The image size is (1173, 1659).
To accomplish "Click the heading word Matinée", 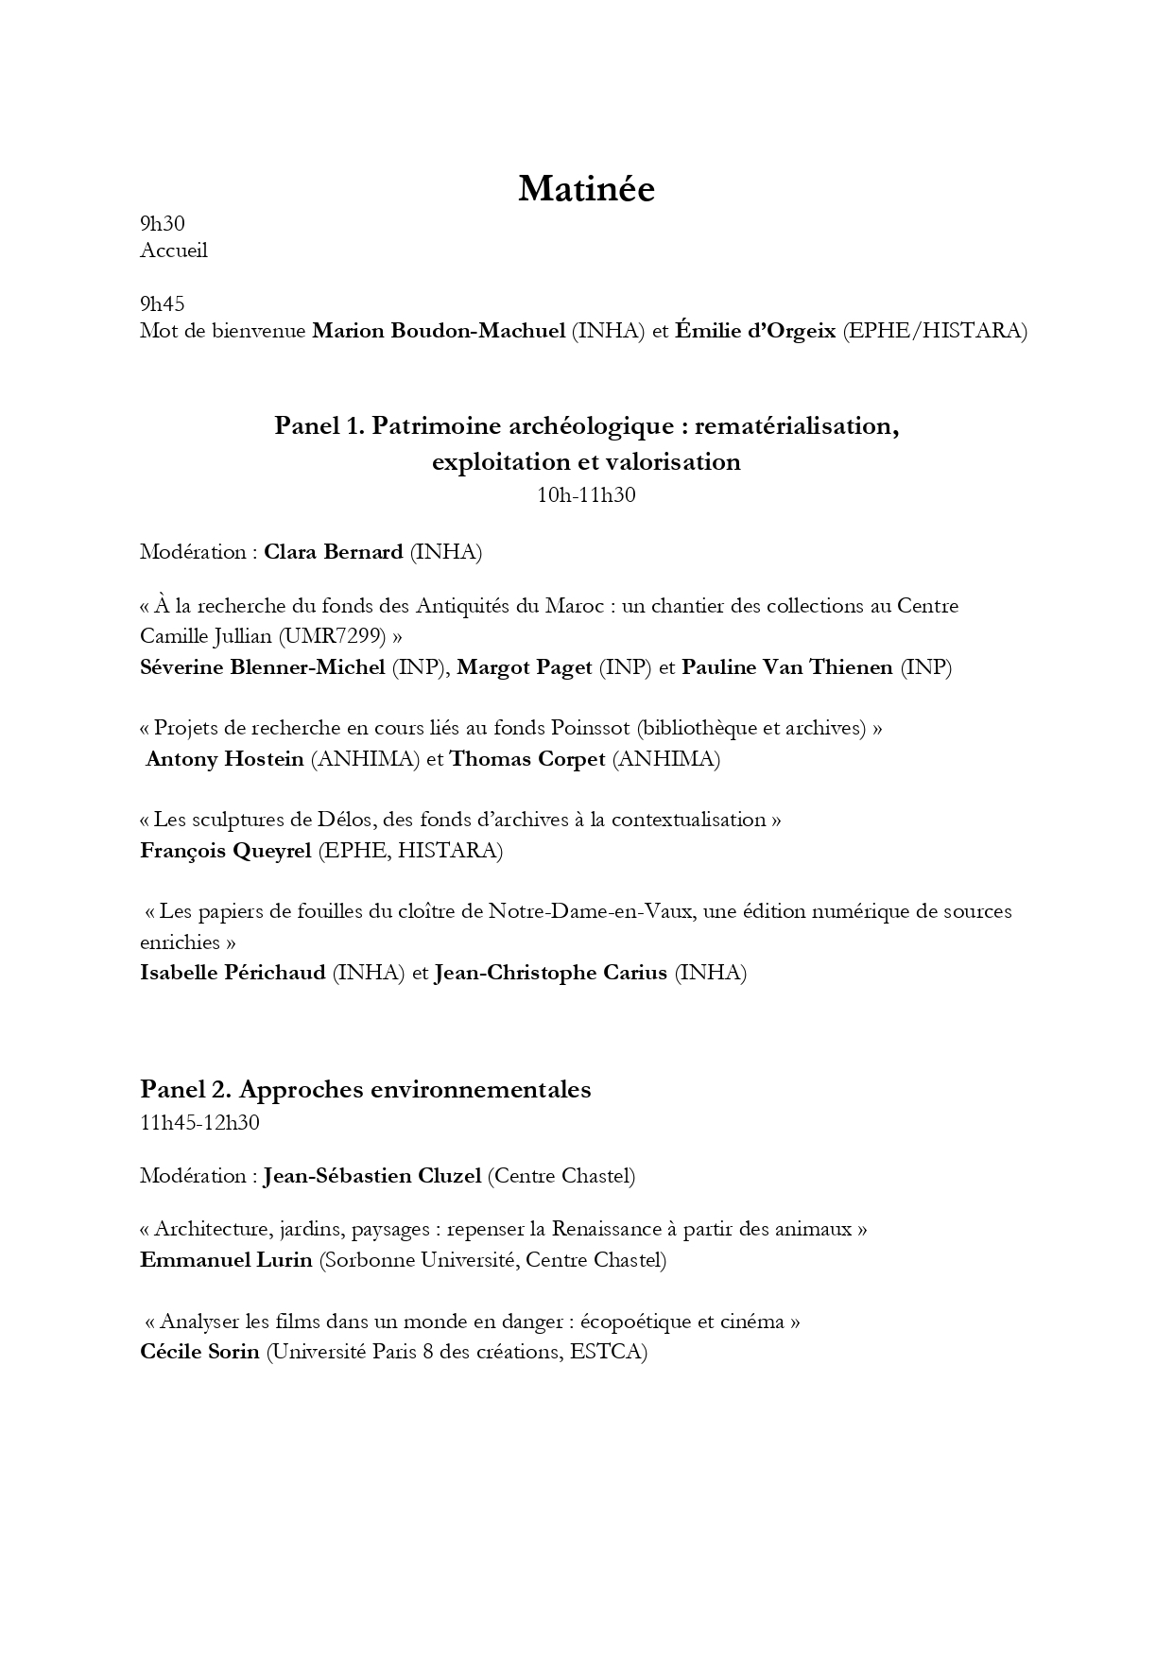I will [x=586, y=189].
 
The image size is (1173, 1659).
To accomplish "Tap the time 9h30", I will [x=163, y=224].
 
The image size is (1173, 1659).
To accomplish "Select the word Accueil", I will [x=174, y=251].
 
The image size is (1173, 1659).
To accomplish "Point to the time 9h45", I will [x=163, y=303].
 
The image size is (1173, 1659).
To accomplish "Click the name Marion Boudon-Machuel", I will [x=439, y=331].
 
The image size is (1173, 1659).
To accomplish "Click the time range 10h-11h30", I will [x=586, y=494].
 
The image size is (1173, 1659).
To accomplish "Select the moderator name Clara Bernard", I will [x=334, y=552].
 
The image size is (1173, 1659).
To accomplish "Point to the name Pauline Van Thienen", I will [x=787, y=667].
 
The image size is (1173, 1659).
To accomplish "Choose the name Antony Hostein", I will [x=225, y=759].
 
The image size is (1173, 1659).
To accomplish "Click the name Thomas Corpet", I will [x=527, y=759].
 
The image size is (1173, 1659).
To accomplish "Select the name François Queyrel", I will [x=226, y=851].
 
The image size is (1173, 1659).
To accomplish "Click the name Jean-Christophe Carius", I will [x=551, y=973].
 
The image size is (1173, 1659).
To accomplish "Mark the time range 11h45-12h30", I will [x=200, y=1123].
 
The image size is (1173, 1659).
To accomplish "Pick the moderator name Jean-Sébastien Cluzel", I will [x=372, y=1176].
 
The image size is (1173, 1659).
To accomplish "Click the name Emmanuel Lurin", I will [x=226, y=1260].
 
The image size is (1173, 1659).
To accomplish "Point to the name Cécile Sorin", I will [x=199, y=1352].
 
